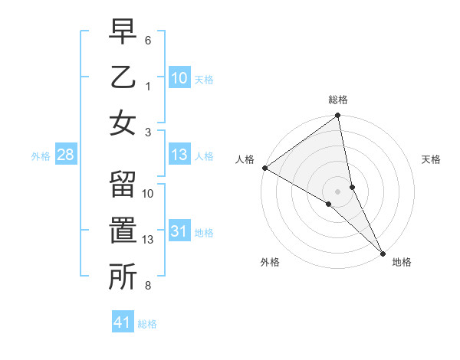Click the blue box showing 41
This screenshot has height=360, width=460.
point(123,322)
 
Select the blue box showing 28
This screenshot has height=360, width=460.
point(65,155)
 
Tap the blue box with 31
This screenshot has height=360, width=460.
point(179,232)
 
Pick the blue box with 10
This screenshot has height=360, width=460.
point(179,77)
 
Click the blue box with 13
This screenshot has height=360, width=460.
point(179,155)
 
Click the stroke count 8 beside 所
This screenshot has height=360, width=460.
point(148,286)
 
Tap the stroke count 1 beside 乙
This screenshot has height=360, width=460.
point(148,86)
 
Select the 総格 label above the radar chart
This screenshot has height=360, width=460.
point(338,100)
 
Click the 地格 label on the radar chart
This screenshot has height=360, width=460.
point(402,262)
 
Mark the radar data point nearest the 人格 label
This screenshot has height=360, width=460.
point(264,168)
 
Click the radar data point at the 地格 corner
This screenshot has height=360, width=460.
point(383,253)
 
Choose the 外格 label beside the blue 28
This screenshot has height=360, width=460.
point(41,156)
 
